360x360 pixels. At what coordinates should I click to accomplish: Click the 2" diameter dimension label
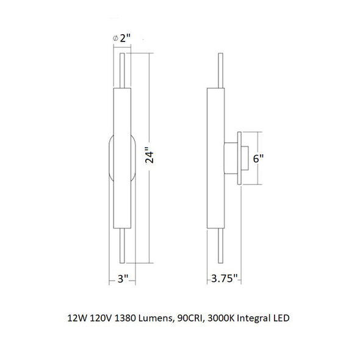125,38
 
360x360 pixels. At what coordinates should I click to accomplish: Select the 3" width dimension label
123,279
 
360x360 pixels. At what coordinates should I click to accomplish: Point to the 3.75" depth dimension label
224,278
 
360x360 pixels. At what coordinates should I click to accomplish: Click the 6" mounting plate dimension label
258,159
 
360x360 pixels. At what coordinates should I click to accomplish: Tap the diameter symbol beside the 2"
115,38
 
